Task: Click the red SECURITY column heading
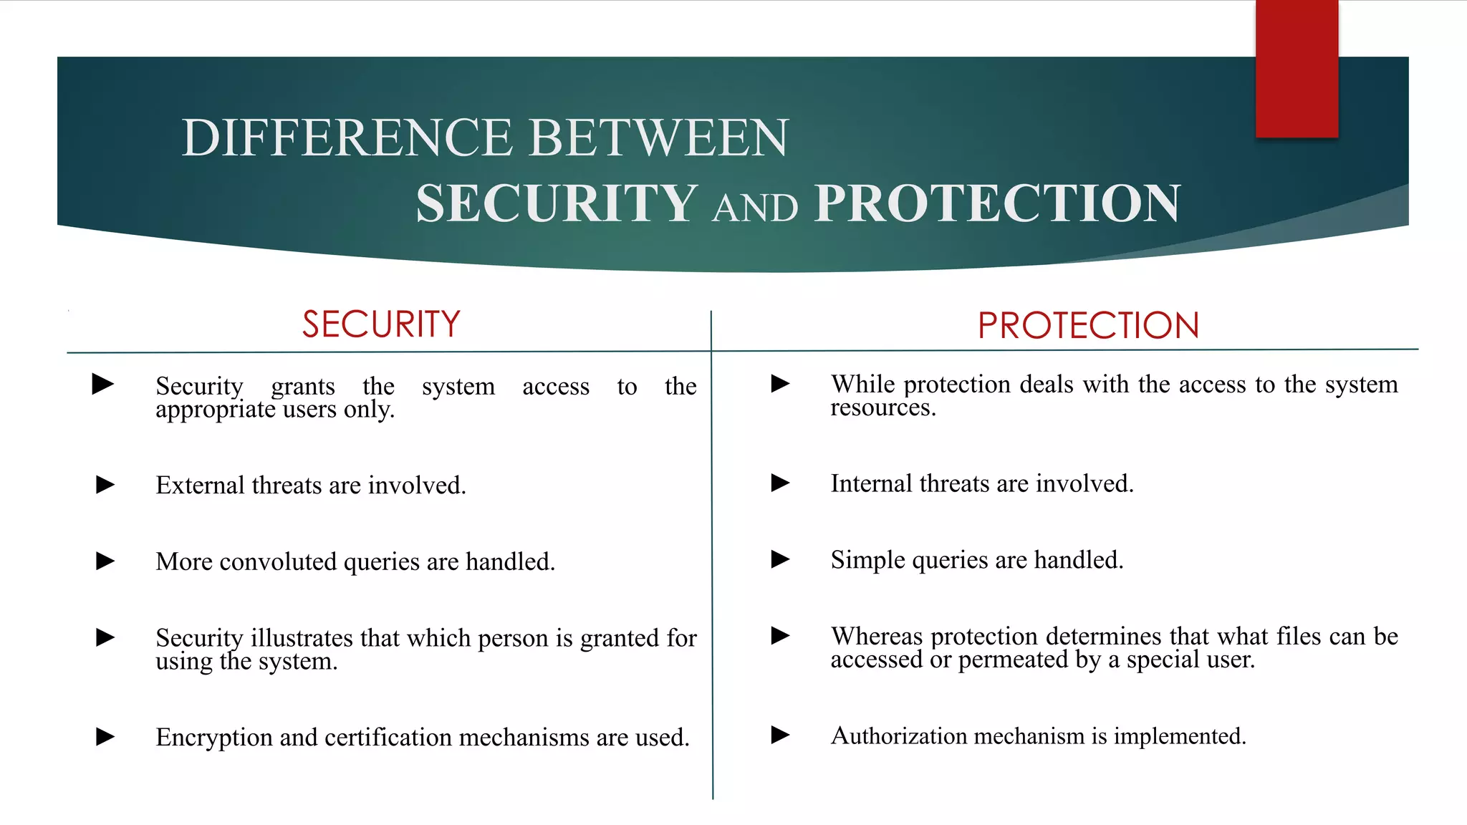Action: pyautogui.click(x=381, y=324)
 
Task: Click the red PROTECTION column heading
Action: pyautogui.click(x=1088, y=326)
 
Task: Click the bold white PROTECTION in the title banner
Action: pyautogui.click(x=997, y=203)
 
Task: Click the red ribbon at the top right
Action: pyautogui.click(x=1297, y=69)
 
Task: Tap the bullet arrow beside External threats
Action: pyautogui.click(x=105, y=486)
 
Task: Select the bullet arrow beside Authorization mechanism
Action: pyautogui.click(x=780, y=735)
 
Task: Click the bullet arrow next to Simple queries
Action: pyautogui.click(x=780, y=559)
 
